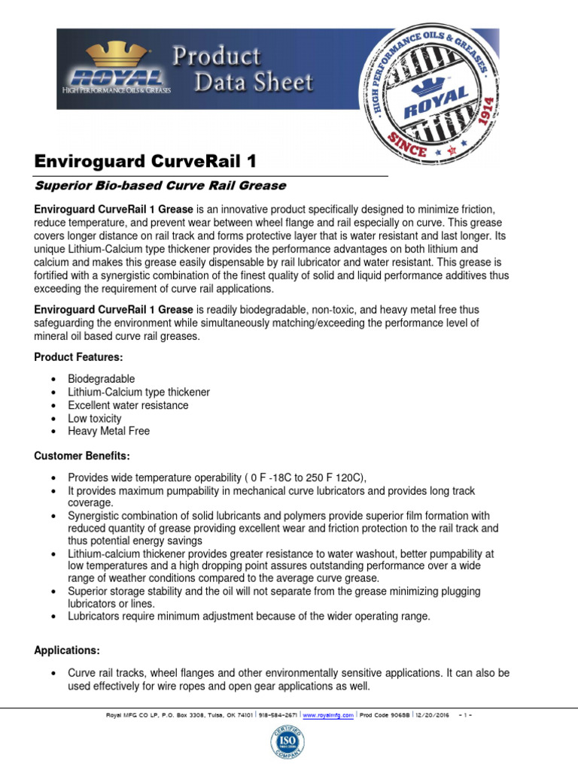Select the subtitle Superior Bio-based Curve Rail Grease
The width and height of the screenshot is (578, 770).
point(160,185)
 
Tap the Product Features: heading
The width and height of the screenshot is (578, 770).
point(78,356)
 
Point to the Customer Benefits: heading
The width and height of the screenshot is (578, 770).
point(82,456)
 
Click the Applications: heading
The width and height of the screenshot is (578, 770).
point(67,650)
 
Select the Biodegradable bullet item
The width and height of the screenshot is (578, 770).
point(102,379)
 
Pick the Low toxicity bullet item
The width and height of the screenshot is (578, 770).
point(94,418)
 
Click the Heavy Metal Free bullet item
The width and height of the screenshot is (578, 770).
point(108,431)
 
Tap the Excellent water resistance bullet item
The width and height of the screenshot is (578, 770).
point(128,405)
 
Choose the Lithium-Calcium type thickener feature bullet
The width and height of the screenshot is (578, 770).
point(138,392)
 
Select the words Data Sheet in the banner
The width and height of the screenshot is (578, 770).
point(254,81)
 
